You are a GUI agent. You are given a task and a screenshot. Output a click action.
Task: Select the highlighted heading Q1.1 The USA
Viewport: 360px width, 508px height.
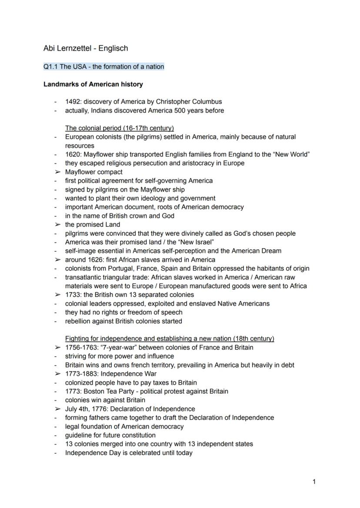click(103, 66)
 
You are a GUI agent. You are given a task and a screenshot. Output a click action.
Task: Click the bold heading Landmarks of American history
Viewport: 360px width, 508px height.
click(93, 84)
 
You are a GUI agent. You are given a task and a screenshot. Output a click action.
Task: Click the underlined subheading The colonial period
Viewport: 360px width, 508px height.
click(119, 128)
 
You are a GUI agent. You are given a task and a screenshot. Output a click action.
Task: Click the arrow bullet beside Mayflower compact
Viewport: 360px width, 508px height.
click(57, 172)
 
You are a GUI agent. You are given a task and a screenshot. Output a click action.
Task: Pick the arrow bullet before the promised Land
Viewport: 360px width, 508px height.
click(57, 225)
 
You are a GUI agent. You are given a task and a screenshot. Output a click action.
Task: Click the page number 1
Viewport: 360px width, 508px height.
click(314, 481)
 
